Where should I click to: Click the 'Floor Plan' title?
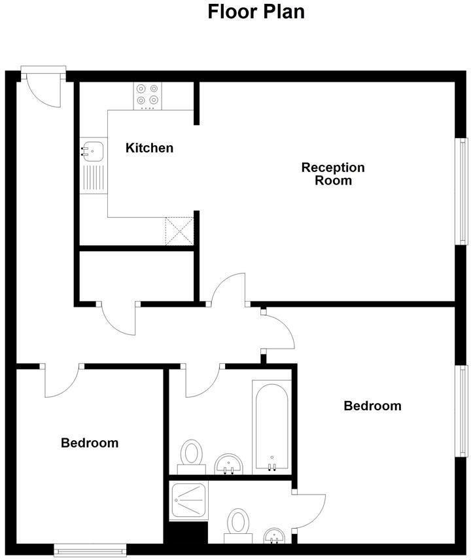coord(256,12)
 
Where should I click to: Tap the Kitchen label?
coord(149,148)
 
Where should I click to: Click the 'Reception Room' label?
coord(333,174)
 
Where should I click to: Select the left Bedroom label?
coord(90,443)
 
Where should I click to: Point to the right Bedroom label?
coord(372,406)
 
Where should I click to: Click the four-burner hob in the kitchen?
coord(147,95)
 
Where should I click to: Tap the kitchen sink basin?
coord(92,152)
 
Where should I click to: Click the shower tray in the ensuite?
coord(188,501)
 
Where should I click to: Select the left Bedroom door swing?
coord(62,381)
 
